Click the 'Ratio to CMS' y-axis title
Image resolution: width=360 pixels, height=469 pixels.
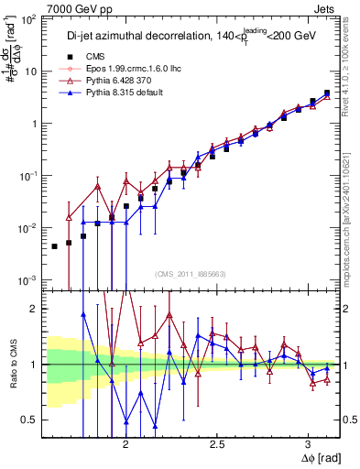tap(12, 365)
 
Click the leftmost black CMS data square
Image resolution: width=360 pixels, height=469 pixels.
tap(55, 246)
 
